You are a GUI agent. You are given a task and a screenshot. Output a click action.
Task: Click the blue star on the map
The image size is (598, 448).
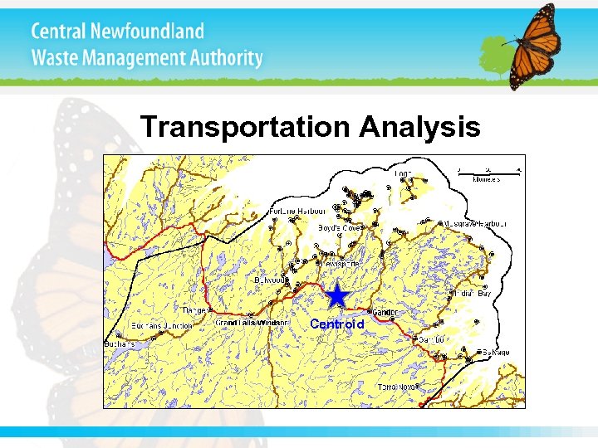point(336,295)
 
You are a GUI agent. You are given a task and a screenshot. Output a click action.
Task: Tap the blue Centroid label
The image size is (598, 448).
point(336,324)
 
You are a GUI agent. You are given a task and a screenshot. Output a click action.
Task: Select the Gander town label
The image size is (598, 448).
point(385,313)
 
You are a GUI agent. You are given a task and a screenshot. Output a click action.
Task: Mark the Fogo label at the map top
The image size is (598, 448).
point(404,174)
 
